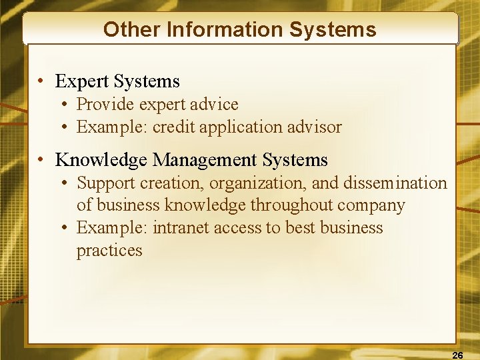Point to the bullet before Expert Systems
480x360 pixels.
pyautogui.click(x=41, y=82)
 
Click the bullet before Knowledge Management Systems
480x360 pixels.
pyautogui.click(x=41, y=161)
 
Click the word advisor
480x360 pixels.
pyautogui.click(x=315, y=127)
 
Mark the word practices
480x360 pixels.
pyautogui.click(x=109, y=251)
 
